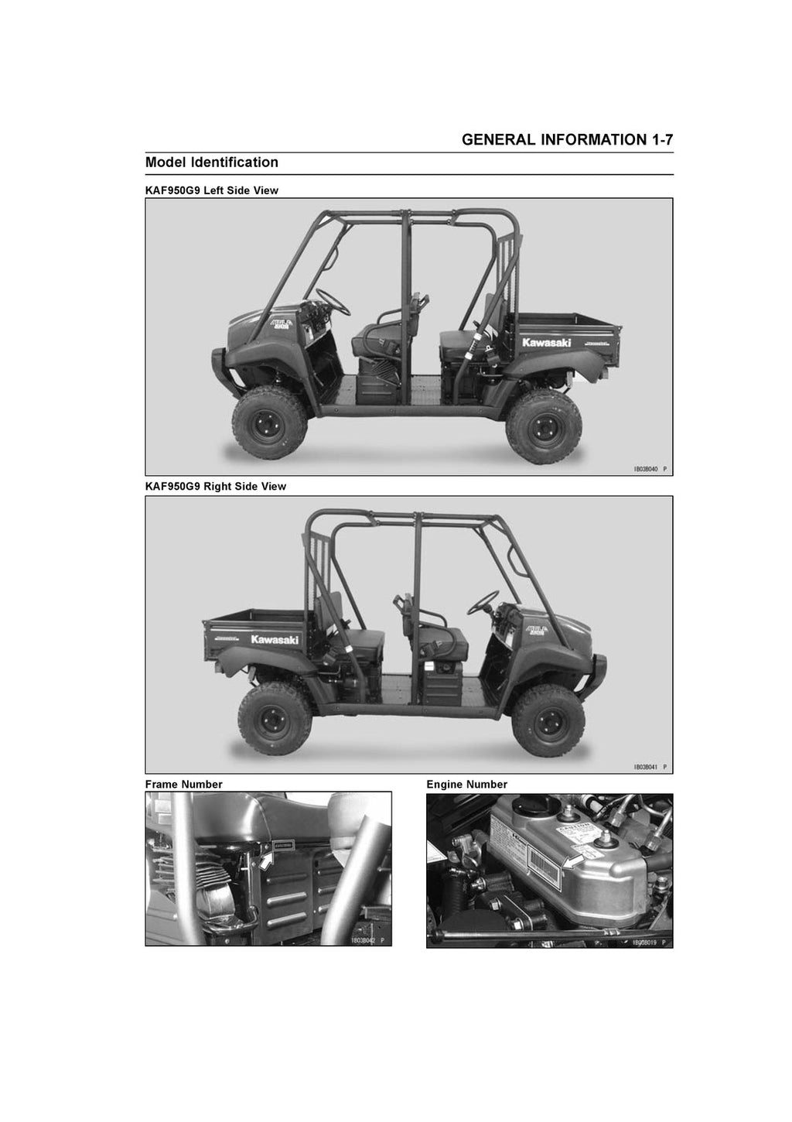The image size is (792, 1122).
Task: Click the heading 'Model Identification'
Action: (x=212, y=162)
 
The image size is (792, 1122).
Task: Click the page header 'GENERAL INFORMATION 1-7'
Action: (x=567, y=140)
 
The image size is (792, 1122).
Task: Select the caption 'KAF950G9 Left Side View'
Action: (x=212, y=190)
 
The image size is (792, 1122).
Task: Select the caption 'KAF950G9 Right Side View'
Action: (x=216, y=487)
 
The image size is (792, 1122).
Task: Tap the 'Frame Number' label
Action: (x=183, y=785)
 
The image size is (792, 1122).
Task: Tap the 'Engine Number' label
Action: (x=466, y=785)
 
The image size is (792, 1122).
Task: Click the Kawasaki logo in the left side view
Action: (x=546, y=343)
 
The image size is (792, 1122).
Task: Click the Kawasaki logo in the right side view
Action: (x=274, y=640)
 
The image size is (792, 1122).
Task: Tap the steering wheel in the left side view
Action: (x=332, y=303)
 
